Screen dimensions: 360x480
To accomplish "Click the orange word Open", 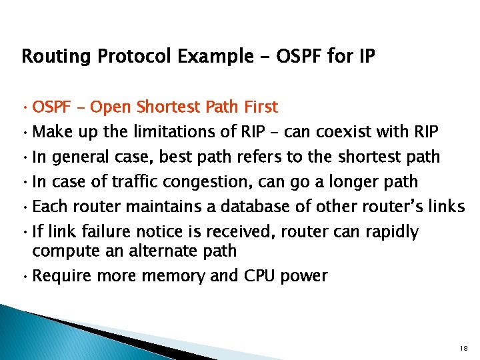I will click(x=111, y=107).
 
